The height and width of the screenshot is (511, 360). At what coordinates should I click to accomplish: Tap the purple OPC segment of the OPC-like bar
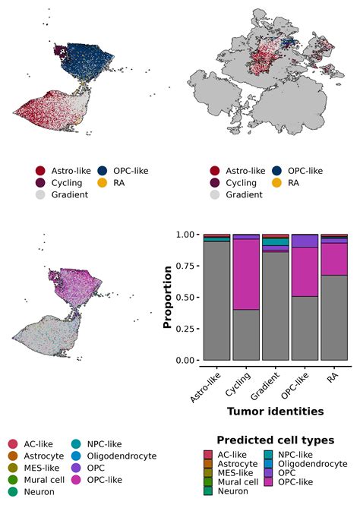point(305,241)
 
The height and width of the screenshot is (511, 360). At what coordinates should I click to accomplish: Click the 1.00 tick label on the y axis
point(185,235)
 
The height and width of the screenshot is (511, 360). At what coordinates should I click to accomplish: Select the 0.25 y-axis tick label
point(185,329)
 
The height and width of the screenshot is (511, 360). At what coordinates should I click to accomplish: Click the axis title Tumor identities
point(275,411)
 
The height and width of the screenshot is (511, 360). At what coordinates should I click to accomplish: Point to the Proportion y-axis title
point(168,297)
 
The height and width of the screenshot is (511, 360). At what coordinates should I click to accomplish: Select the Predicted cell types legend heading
point(274,440)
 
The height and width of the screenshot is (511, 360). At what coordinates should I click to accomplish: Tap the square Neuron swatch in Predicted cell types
point(209,490)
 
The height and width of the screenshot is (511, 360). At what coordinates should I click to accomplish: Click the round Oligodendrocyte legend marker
point(77,456)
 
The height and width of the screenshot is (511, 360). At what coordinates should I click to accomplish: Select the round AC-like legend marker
point(13,443)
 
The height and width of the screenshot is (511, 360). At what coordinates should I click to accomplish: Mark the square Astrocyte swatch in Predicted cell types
point(209,463)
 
